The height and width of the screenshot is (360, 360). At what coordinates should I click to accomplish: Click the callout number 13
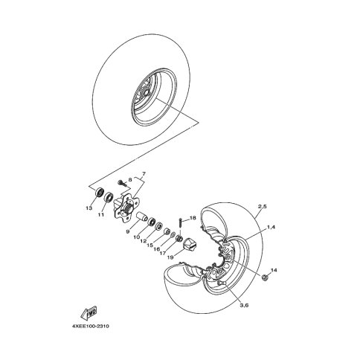point(89,208)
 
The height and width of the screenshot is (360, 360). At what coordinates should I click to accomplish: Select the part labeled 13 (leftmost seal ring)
point(100,192)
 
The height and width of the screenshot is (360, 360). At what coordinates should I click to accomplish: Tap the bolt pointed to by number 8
point(122,183)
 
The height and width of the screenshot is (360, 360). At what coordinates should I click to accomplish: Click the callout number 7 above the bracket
point(144,173)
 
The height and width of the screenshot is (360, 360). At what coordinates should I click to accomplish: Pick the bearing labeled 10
point(152,221)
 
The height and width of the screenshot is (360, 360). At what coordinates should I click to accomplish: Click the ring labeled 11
point(109,196)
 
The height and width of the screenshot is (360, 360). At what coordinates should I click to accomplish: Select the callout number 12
point(144,241)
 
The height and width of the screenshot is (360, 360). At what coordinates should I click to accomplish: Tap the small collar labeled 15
point(167,231)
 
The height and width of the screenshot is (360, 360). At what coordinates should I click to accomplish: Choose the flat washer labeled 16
point(173,234)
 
